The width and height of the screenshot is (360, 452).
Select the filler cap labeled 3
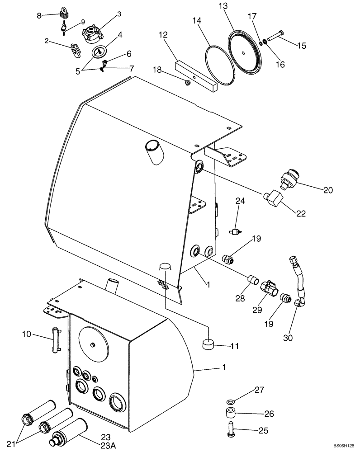[92, 31]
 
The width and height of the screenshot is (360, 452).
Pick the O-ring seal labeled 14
[219, 64]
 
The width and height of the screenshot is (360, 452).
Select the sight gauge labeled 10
[56, 340]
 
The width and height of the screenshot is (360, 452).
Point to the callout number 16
[280, 65]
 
